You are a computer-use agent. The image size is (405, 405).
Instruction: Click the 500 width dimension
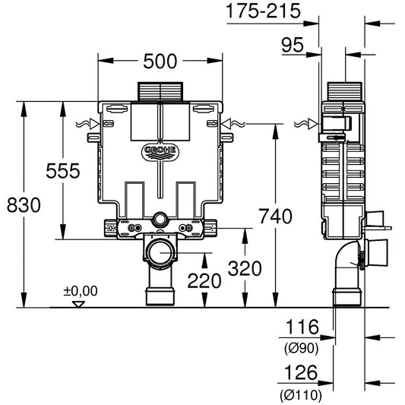point(161,59)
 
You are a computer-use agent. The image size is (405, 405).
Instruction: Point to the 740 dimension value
point(274,217)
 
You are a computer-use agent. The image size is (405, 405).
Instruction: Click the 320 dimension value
point(244,268)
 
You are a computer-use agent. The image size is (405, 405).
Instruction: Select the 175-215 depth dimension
point(263,11)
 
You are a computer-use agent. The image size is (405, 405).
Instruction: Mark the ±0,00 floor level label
point(80,290)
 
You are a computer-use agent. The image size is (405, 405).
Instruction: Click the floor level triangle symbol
point(76,303)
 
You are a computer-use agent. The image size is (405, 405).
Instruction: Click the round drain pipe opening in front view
point(161,255)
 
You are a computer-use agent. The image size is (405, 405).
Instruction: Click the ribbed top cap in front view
point(161,90)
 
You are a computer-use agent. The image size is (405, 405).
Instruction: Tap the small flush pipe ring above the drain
point(161,220)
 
